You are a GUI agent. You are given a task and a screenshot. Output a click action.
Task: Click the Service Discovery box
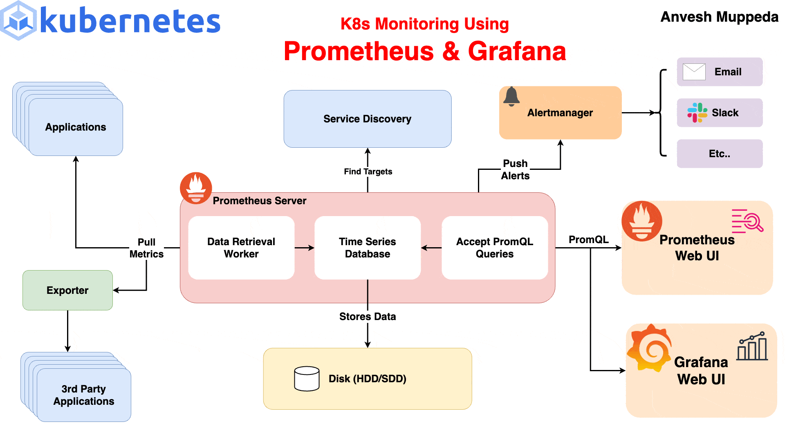coord(367,119)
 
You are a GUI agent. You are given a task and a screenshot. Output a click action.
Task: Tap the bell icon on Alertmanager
coord(511,97)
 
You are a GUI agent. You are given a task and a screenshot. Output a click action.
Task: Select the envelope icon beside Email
coord(694,72)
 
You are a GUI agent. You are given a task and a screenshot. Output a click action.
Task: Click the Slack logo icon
coord(697,113)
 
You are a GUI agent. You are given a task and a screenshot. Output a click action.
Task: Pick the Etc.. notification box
coord(720,153)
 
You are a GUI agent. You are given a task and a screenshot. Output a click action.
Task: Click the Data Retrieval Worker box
coord(241,248)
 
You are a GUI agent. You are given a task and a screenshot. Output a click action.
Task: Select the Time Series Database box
coord(367,248)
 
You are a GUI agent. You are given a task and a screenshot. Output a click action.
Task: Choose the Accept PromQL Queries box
coord(494,248)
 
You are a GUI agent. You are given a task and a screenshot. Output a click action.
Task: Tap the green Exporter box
coord(67,290)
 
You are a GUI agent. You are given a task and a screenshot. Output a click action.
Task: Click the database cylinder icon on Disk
coord(307,379)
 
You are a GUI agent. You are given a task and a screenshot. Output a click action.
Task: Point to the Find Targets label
coord(368,171)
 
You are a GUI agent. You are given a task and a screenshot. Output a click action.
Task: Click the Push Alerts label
coord(515,169)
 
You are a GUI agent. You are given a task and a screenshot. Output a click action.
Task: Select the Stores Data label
coord(367,316)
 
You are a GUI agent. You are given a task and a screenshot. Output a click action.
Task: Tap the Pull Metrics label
coord(146,248)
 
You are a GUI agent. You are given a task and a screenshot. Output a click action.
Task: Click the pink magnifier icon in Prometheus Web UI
coord(748,221)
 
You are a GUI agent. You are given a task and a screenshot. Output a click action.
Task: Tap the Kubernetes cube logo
coord(18,20)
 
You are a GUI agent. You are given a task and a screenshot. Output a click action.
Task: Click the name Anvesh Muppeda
coord(719,17)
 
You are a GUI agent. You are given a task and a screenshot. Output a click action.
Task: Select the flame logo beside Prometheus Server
coord(196,188)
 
